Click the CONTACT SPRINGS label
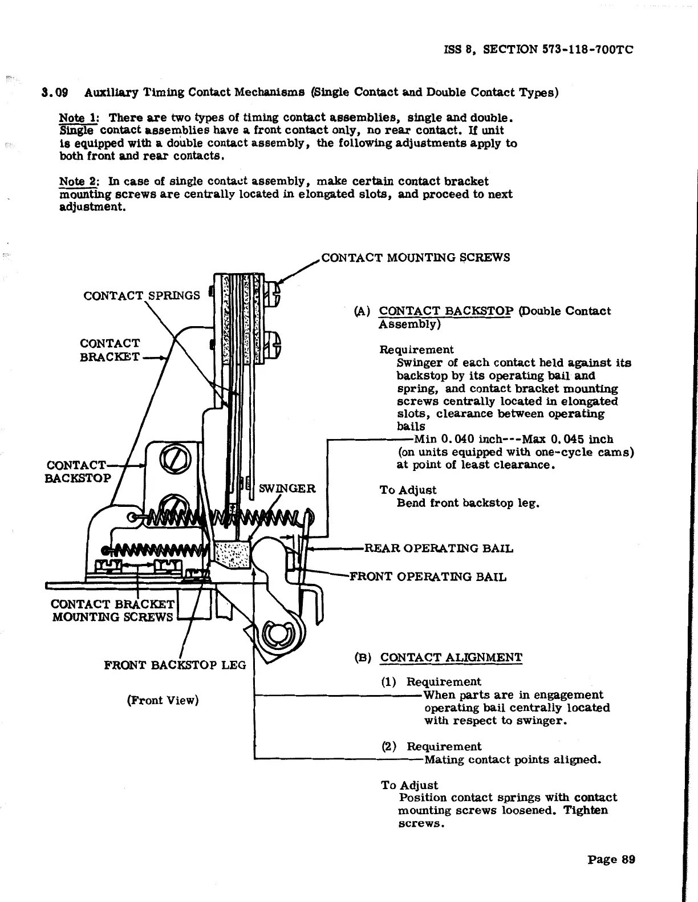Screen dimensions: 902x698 141,295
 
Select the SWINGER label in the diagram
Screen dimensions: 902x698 287,489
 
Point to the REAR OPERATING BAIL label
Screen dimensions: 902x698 438,549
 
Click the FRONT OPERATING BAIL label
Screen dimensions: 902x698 427,576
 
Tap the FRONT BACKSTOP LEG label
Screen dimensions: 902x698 174,665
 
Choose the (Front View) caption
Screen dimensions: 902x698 163,700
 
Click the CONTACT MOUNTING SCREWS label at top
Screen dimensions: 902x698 415,257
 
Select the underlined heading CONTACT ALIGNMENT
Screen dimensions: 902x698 451,657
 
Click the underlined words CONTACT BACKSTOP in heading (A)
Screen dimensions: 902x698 446,311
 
